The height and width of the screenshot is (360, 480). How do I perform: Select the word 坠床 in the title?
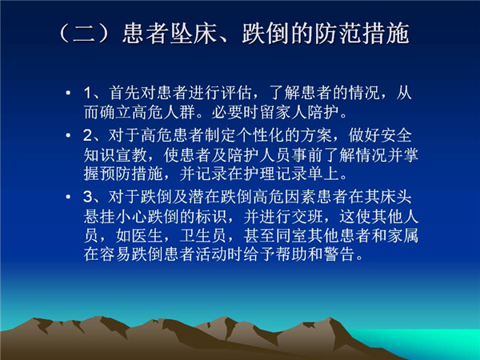pyautogui.click(x=194, y=33)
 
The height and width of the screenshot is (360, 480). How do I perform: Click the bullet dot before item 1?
pyautogui.click(x=68, y=93)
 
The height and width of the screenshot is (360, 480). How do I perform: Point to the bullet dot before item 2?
pyautogui.click(x=68, y=135)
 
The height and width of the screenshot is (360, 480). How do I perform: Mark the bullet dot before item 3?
pyautogui.click(x=68, y=196)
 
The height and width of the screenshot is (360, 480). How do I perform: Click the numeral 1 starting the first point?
pyautogui.click(x=88, y=93)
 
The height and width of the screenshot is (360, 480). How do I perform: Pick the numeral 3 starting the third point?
pyautogui.click(x=88, y=197)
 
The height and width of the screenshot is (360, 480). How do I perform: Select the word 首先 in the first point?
pyautogui.click(x=124, y=93)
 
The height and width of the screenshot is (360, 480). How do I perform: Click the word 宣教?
pyautogui.click(x=132, y=155)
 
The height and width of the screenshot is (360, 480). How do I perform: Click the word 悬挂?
pyautogui.click(x=99, y=216)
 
